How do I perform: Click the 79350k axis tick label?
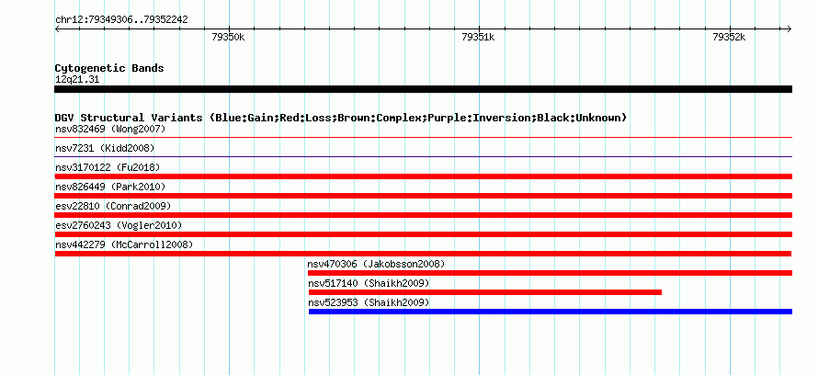coord(229,37)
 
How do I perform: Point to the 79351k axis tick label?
coord(478,37)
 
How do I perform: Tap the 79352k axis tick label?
coord(729,37)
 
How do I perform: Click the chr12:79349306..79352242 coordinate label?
coord(121,20)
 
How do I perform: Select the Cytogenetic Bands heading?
coord(109,68)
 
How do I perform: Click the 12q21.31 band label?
coord(77,79)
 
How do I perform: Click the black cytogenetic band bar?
coord(423,89)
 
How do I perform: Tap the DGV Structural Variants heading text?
coord(341,118)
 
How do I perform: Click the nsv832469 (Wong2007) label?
coord(110,129)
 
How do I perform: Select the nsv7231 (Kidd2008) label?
coord(105,148)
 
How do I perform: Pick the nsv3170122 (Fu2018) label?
coord(108,167)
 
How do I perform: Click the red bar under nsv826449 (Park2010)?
coord(423,196)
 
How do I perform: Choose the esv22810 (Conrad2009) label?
coord(113,206)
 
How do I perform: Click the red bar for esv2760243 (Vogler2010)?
coord(423,234)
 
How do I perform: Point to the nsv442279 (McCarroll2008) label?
coord(124,244)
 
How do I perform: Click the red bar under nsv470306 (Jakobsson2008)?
coord(550,273)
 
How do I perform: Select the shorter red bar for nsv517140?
coord(485,292)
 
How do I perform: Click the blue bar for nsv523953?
coord(551,312)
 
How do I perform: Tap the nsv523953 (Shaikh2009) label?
coord(369,302)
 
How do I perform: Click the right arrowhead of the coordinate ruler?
coord(790,28)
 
